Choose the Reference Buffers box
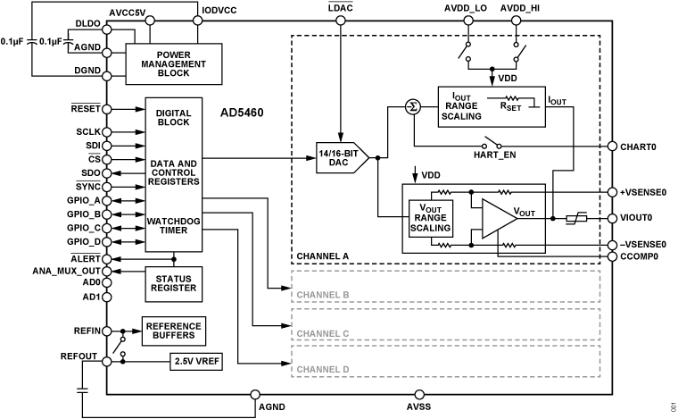[173, 330]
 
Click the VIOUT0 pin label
[637, 217]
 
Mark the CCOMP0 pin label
[640, 256]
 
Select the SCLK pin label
[87, 130]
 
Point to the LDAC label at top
[340, 9]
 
